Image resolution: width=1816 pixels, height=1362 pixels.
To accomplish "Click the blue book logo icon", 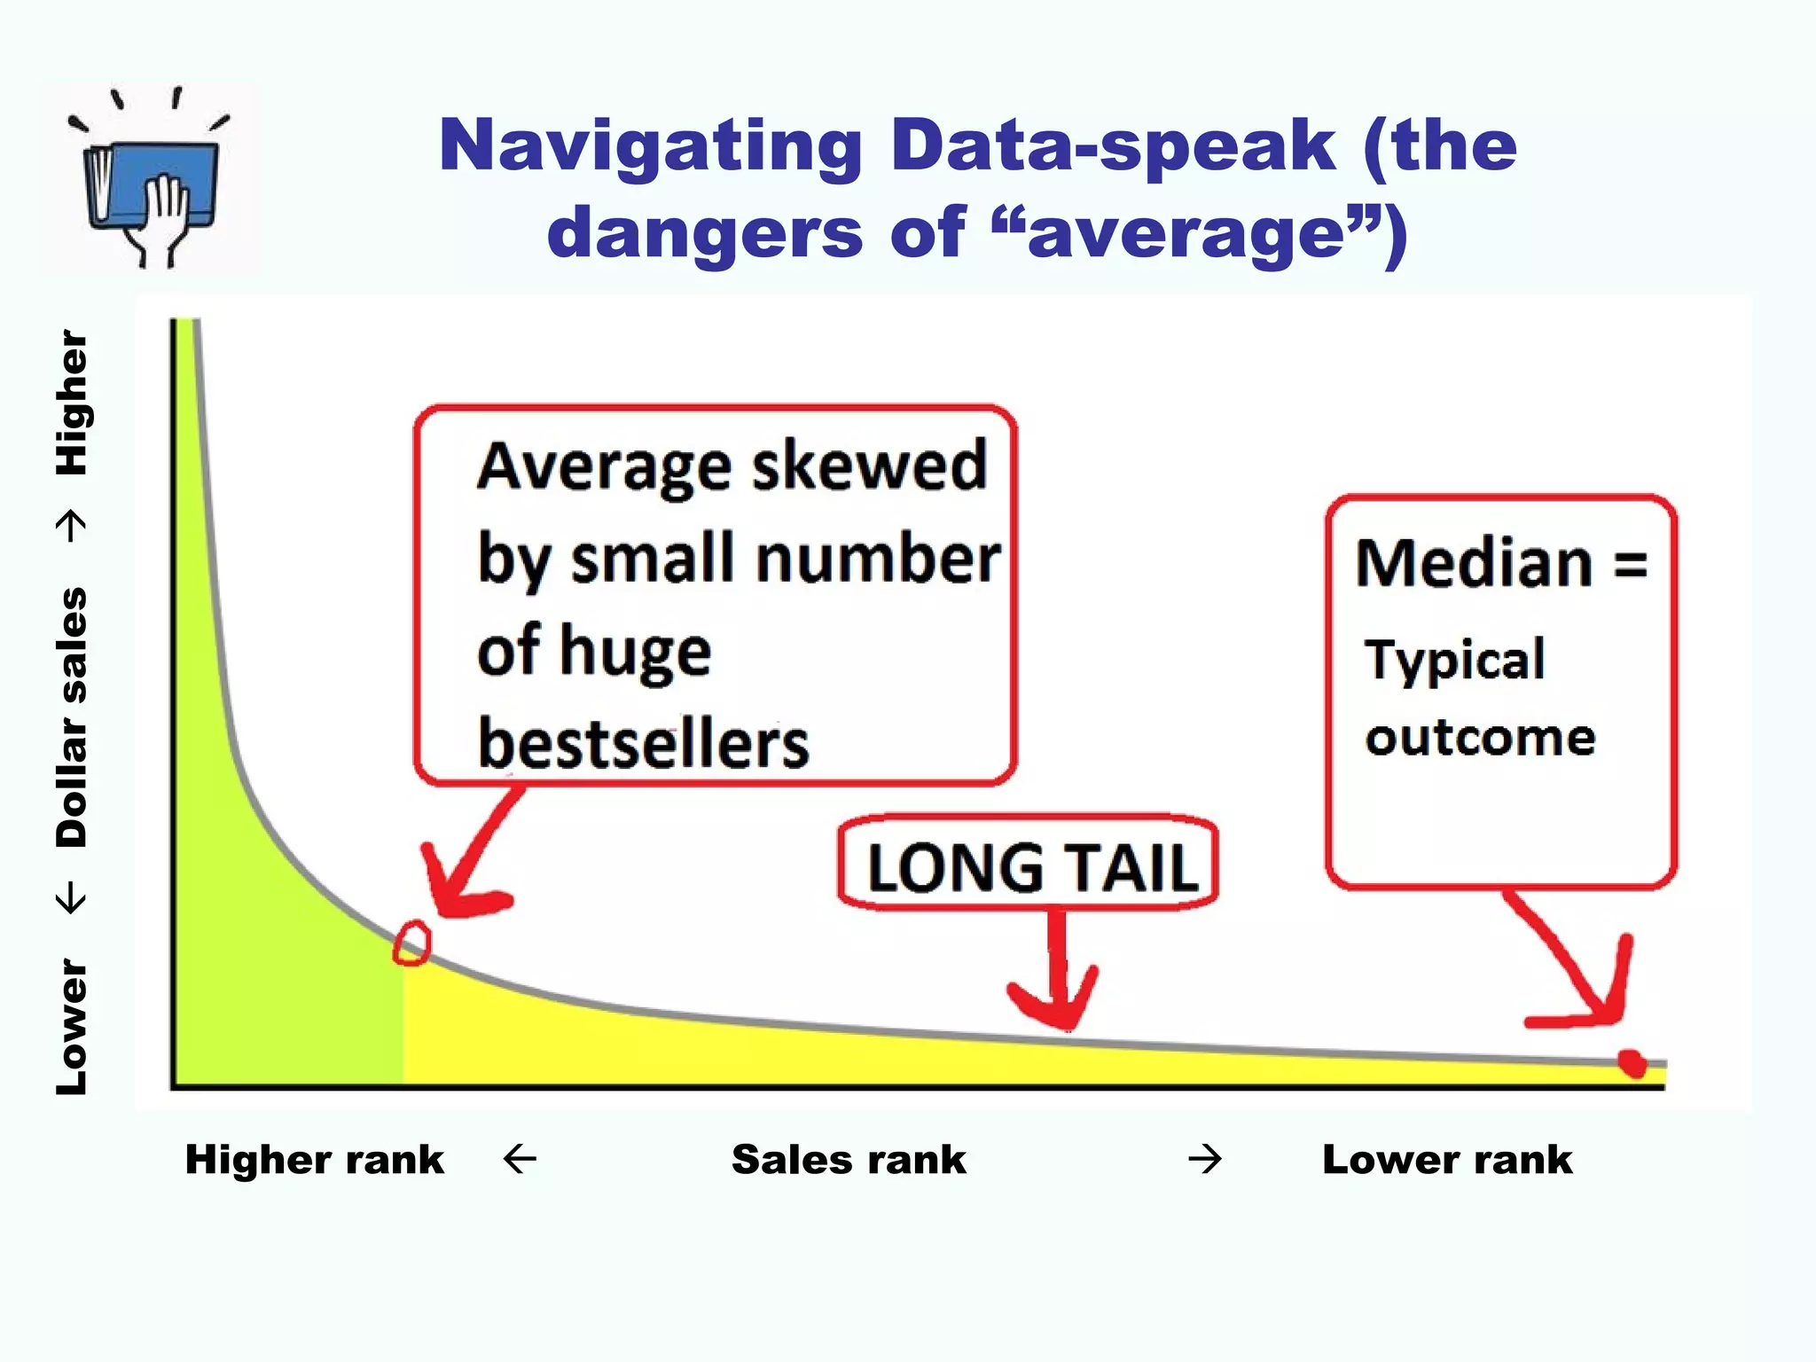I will (151, 182).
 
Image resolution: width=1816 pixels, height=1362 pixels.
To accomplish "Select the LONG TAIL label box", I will (1029, 865).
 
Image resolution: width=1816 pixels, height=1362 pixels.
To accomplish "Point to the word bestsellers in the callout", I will (643, 743).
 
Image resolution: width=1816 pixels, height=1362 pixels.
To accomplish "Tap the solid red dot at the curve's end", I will (1632, 1062).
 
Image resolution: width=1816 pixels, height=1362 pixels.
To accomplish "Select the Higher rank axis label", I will (314, 1160).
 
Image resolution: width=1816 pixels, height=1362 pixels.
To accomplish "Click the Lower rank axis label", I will (1447, 1160).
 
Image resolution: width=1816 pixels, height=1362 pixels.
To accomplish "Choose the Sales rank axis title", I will (849, 1160).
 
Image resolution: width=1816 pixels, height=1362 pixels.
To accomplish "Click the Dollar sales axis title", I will (73, 716).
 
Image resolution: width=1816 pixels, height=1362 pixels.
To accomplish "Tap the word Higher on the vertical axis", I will (73, 403).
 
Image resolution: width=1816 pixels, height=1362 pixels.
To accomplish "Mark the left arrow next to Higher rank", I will (520, 1159).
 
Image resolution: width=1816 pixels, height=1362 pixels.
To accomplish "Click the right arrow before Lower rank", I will (1205, 1159).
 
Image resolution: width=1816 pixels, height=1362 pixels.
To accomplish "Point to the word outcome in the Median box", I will (1480, 738).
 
